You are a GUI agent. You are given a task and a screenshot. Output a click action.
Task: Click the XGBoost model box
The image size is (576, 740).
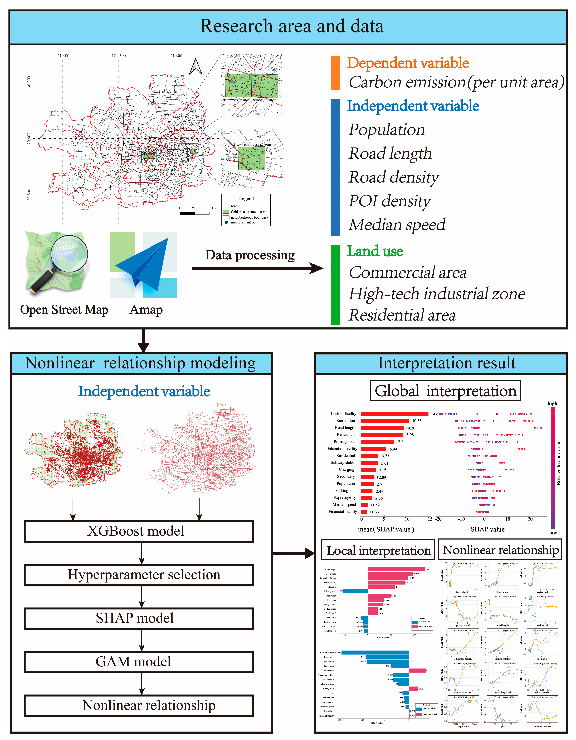[139, 531]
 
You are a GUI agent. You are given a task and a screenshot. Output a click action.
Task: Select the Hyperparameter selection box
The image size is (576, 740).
[139, 575]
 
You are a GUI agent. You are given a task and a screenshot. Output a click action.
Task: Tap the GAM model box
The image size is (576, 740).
[139, 662]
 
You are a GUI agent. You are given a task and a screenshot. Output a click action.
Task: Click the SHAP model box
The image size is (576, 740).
[139, 618]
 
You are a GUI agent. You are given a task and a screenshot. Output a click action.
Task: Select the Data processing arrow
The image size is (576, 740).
[257, 268]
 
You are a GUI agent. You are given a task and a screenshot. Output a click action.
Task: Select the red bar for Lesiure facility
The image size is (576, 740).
[394, 414]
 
